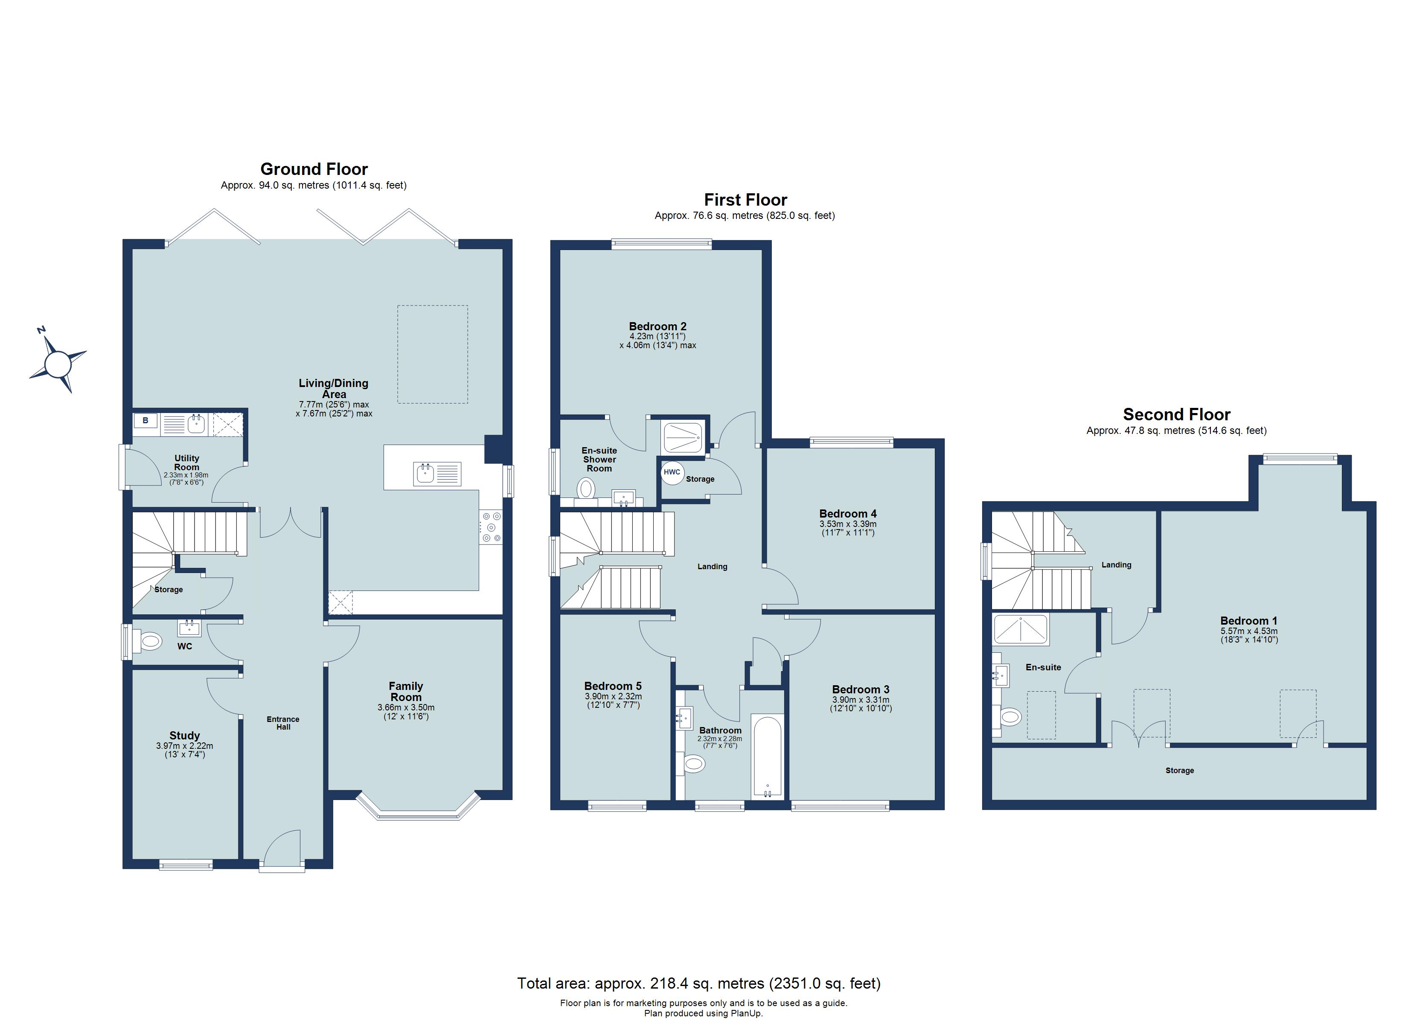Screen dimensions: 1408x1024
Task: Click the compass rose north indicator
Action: (58, 363)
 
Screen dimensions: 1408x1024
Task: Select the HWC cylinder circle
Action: (672, 472)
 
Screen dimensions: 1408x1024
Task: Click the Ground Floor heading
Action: (314, 169)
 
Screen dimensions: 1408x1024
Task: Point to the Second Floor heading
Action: (1176, 414)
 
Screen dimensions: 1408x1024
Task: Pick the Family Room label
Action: (406, 691)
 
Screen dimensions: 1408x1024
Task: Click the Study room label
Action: (185, 735)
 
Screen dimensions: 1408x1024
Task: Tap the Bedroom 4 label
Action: (848, 514)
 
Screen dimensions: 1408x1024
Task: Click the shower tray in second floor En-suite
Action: (1021, 628)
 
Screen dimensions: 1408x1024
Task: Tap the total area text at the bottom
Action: (699, 983)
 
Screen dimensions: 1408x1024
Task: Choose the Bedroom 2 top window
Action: (661, 244)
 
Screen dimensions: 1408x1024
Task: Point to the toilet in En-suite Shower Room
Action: (585, 489)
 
